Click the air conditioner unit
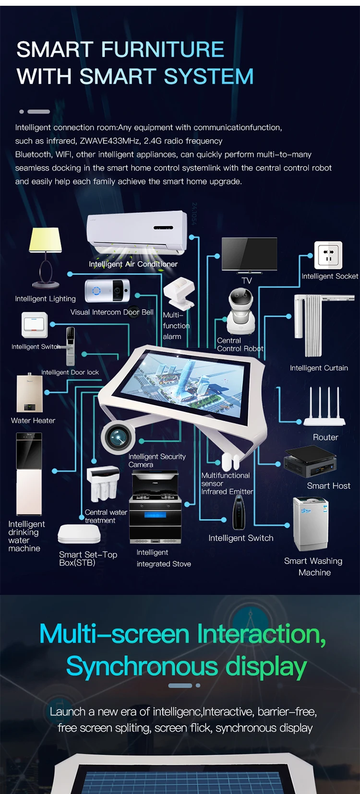click(x=137, y=233)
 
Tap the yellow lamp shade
click(x=46, y=240)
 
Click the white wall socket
click(x=328, y=255)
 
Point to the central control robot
click(x=241, y=311)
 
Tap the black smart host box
click(x=310, y=461)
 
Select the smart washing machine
click(x=311, y=524)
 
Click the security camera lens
click(x=118, y=438)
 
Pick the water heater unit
click(x=30, y=393)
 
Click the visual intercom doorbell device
click(x=107, y=291)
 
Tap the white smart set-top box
click(x=79, y=534)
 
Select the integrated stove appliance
click(x=156, y=507)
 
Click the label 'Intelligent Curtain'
click(x=319, y=368)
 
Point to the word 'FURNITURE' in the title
click(x=163, y=49)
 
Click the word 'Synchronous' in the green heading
click(x=142, y=667)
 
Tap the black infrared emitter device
click(x=239, y=512)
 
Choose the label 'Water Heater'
click(x=33, y=420)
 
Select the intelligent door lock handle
click(x=70, y=346)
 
